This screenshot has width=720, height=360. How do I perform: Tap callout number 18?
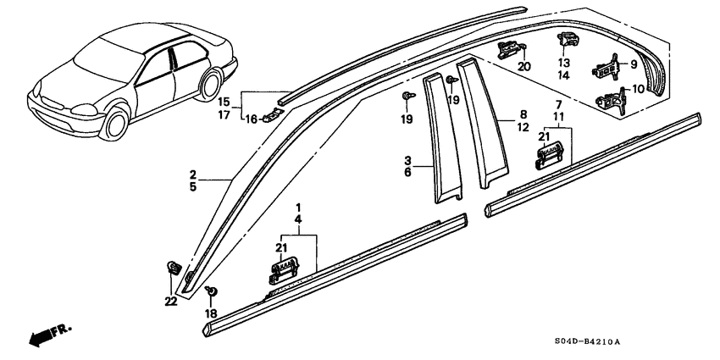click(211, 314)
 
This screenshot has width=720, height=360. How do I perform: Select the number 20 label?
click(523, 67)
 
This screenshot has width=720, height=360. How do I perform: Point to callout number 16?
click(251, 120)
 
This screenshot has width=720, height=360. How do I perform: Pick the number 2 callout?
click(194, 176)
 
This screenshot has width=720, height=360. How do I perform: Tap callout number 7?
click(558, 102)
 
